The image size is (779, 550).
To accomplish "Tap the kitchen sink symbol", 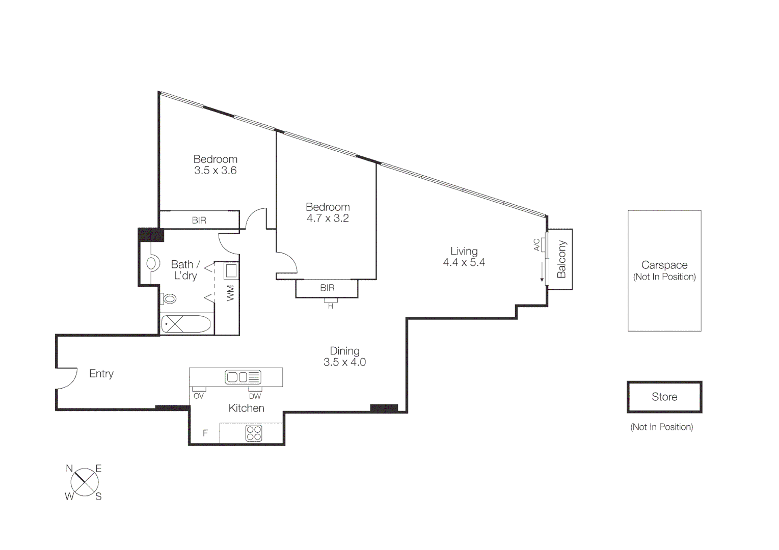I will tap(243, 377).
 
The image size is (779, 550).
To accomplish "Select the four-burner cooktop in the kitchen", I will tap(253, 433).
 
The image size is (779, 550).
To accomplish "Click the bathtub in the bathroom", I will tap(185, 324).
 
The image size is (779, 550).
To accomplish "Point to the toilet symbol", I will tap(169, 298).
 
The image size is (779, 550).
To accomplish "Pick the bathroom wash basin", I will tap(151, 263).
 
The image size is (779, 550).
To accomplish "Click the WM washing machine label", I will tap(230, 293).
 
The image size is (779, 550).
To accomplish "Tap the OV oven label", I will tap(199, 396).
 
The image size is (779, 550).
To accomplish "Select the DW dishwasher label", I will tap(255, 396).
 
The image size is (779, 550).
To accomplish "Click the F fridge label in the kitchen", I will tap(205, 433).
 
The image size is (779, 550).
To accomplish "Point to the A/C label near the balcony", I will tap(536, 245).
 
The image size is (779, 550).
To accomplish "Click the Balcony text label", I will tap(561, 259).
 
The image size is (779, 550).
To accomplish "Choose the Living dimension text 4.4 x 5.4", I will tap(464, 263).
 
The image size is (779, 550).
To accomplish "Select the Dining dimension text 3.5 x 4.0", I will tap(344, 362).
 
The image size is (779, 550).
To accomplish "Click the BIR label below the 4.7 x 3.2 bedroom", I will tap(327, 288).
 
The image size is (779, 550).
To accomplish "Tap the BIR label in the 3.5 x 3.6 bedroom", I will tap(199, 221).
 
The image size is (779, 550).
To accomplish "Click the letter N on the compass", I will tap(69, 469).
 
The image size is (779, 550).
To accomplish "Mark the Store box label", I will tap(664, 397).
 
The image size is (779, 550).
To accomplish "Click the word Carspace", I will tap(664, 265).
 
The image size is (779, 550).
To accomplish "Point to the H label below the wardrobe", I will tap(331, 306).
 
